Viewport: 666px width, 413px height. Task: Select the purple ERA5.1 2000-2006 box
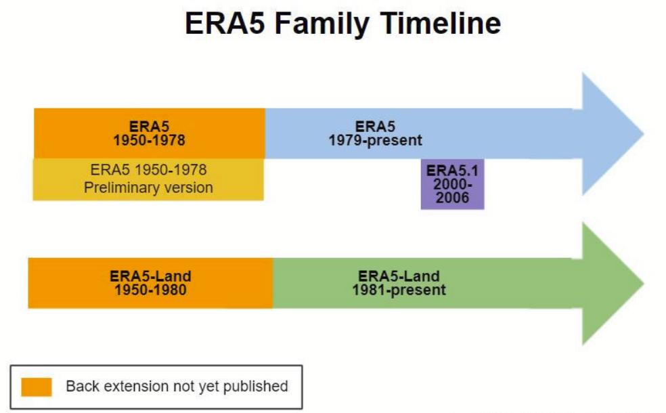[x=452, y=184]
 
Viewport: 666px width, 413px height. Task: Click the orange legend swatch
[x=37, y=387]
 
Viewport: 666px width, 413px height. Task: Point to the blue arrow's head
[x=613, y=133]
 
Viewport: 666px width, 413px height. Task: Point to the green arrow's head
[x=613, y=282]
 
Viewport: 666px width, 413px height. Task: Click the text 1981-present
[x=399, y=290]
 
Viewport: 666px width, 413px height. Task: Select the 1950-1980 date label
[x=150, y=290]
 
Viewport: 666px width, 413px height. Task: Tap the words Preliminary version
[x=148, y=188]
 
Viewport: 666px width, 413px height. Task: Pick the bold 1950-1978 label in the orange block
[x=148, y=140]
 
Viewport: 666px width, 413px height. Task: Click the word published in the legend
[x=254, y=386]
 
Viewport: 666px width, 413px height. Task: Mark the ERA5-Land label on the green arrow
[x=399, y=276]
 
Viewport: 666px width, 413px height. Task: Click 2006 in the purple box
[x=452, y=198]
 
